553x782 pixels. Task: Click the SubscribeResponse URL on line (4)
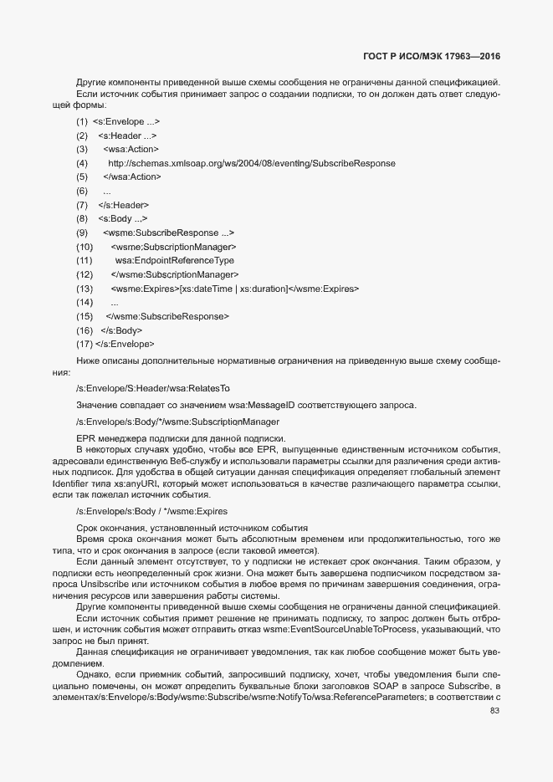click(x=252, y=163)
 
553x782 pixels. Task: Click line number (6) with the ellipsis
click(x=82, y=191)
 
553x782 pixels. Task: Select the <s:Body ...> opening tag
click(x=123, y=218)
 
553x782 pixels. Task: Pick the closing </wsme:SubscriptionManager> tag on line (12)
click(x=175, y=274)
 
